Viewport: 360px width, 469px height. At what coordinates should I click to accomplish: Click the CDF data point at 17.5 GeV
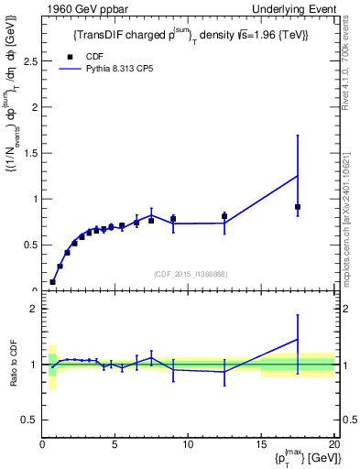pyautogui.click(x=298, y=207)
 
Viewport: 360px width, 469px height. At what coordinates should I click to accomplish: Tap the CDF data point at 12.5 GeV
pyautogui.click(x=224, y=216)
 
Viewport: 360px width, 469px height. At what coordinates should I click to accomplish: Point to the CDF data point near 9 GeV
pyautogui.click(x=173, y=219)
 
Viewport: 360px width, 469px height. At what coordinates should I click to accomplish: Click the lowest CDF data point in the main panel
pyautogui.click(x=52, y=282)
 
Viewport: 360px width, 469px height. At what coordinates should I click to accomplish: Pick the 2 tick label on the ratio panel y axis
pyautogui.click(x=34, y=310)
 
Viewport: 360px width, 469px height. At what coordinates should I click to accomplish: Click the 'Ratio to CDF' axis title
pyautogui.click(x=12, y=364)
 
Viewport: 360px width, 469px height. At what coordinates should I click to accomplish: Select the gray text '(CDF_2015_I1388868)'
pyautogui.click(x=191, y=274)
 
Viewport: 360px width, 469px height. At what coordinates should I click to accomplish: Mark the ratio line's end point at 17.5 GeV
pyautogui.click(x=298, y=339)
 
